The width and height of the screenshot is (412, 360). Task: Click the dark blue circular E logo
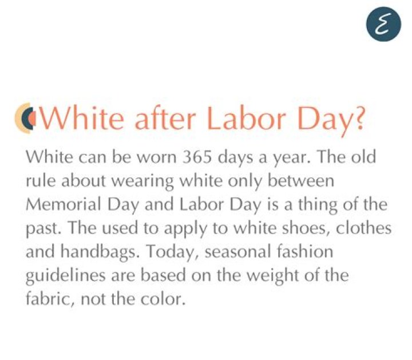point(383,24)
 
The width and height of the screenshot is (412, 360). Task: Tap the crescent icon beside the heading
point(24,118)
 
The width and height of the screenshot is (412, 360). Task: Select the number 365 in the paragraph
point(197,157)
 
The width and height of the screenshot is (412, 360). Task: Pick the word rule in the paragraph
point(41,181)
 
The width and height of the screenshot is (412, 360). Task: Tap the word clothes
point(364,228)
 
